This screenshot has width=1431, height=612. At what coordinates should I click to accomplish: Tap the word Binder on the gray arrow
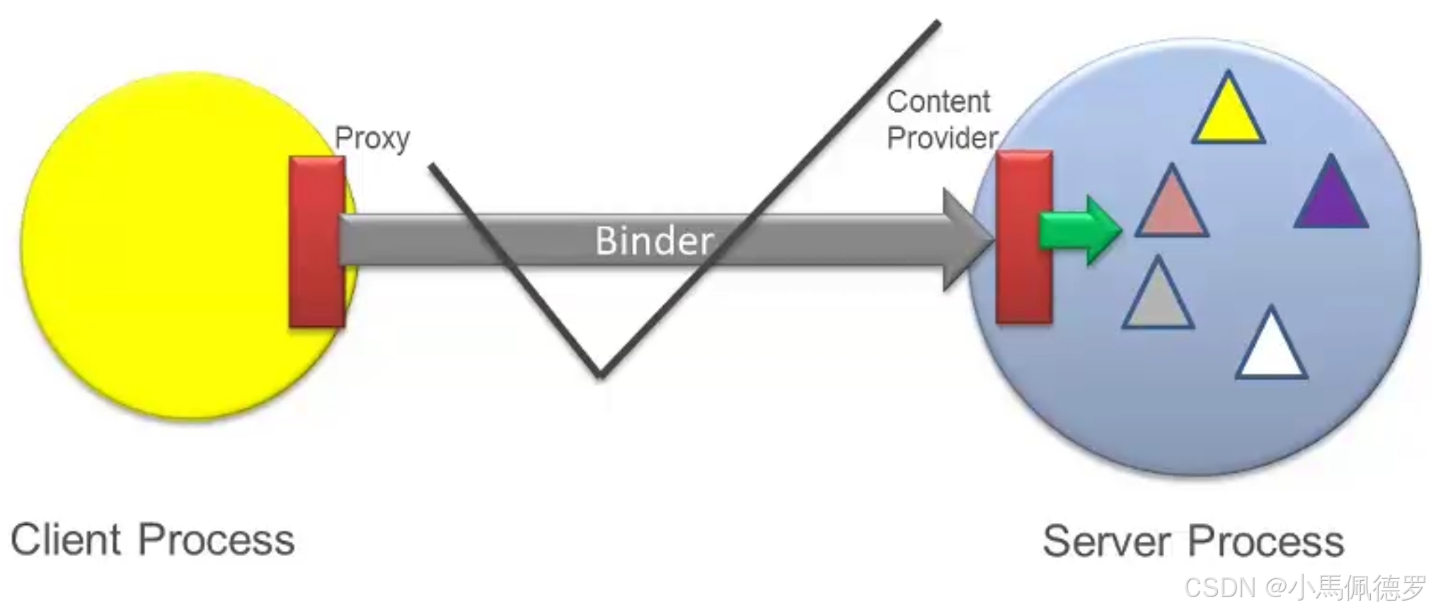pyautogui.click(x=653, y=241)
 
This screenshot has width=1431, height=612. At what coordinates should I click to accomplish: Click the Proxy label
pyautogui.click(x=372, y=138)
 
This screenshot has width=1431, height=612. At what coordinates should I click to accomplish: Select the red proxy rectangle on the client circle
pyautogui.click(x=317, y=242)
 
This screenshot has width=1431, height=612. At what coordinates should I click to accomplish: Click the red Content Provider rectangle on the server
pyautogui.click(x=1023, y=237)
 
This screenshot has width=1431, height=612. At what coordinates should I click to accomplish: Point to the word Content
pyautogui.click(x=938, y=102)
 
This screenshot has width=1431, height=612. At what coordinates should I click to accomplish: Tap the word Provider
pyautogui.click(x=942, y=138)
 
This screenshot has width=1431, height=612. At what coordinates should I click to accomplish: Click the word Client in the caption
pyautogui.click(x=66, y=540)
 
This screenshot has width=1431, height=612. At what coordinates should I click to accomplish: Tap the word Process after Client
pyautogui.click(x=217, y=540)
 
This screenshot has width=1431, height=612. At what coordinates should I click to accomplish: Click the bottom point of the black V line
pyautogui.click(x=600, y=374)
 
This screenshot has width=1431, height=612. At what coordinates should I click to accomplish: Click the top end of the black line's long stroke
pyautogui.click(x=938, y=23)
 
